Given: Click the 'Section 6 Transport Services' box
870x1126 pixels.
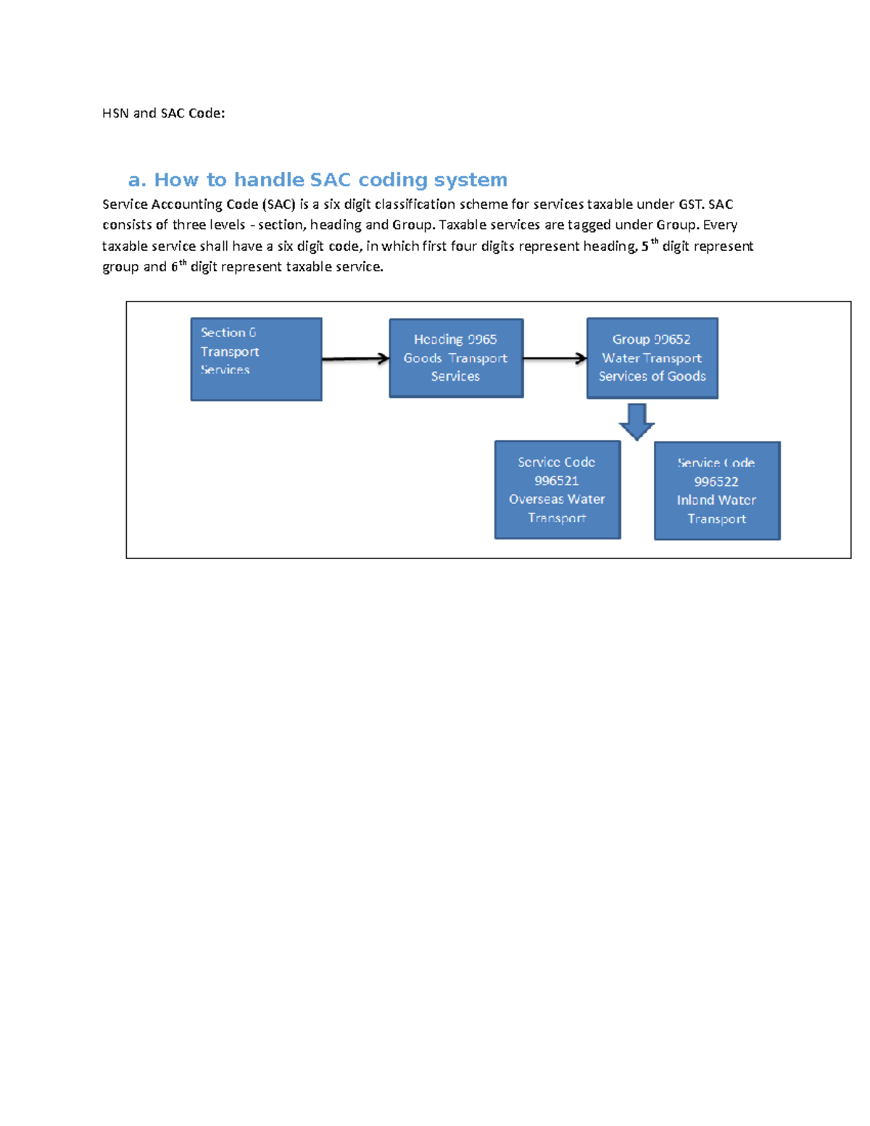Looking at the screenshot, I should (x=256, y=359).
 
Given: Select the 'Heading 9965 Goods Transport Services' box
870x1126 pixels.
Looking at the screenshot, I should (x=456, y=358).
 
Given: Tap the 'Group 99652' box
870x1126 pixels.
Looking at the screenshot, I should (x=652, y=358).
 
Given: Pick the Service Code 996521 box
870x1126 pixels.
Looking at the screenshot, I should (x=557, y=490).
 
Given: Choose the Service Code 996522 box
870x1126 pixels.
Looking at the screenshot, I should (x=717, y=491).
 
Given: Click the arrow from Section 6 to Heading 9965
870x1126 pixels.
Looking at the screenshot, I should (x=355, y=358).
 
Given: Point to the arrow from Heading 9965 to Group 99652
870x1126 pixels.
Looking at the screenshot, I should (x=555, y=358).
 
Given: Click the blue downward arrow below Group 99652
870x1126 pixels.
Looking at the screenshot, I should (x=637, y=421).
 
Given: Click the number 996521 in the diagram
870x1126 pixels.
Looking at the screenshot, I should (x=557, y=481).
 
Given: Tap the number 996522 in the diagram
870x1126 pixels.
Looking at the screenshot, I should (x=716, y=481).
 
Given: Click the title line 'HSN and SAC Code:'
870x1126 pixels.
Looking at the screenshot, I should (x=164, y=113).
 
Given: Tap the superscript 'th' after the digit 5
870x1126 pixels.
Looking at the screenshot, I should (x=655, y=242).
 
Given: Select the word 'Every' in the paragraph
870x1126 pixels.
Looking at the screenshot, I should (x=720, y=225).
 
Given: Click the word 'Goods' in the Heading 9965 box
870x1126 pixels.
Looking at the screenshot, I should (x=423, y=358).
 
